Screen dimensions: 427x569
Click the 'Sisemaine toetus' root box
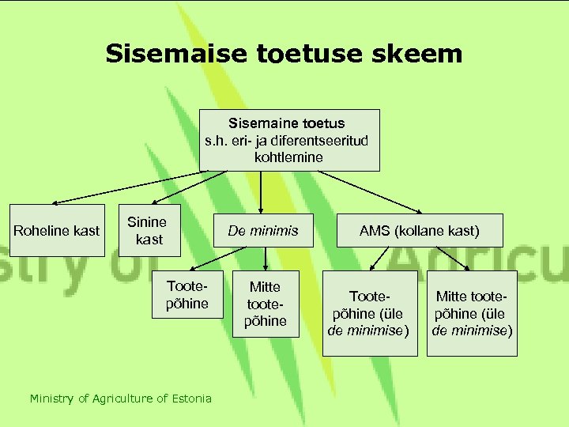click(288, 140)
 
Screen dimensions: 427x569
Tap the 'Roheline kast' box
click(57, 230)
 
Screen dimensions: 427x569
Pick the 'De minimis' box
click(263, 230)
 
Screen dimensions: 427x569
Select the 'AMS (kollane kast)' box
click(420, 230)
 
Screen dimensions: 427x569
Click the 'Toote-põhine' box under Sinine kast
click(187, 295)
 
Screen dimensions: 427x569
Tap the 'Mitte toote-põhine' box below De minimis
click(265, 304)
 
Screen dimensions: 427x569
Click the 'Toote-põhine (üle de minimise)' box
click(370, 313)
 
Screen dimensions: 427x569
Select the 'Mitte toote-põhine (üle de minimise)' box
click(472, 313)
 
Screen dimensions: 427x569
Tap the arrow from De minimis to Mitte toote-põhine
click(265, 259)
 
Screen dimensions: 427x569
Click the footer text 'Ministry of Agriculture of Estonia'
click(121, 399)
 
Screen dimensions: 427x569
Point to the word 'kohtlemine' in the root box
click(288, 157)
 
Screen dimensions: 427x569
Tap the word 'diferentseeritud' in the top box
click(321, 140)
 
